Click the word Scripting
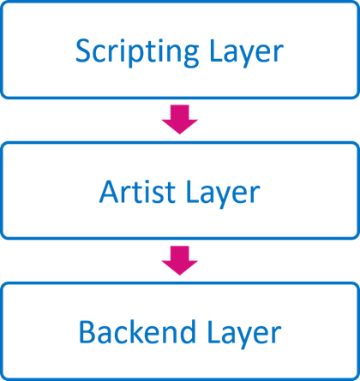pos(137,52)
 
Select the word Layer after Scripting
pos(246,53)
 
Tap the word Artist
pos(137,191)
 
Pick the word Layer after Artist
pos(223,193)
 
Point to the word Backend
pos(137,331)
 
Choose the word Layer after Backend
pos(244,333)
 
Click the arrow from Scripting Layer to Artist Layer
pos(180,119)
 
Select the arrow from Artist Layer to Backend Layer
pos(180,260)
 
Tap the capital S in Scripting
pos(83,51)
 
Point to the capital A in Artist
pos(109,192)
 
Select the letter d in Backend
pos(187,331)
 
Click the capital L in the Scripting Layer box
pos(217,51)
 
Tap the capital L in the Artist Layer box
pos(193,192)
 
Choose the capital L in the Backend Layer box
pos(215,331)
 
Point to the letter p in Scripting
pos(133,57)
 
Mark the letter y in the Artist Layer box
pos(228,197)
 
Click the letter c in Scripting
pos(100,54)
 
